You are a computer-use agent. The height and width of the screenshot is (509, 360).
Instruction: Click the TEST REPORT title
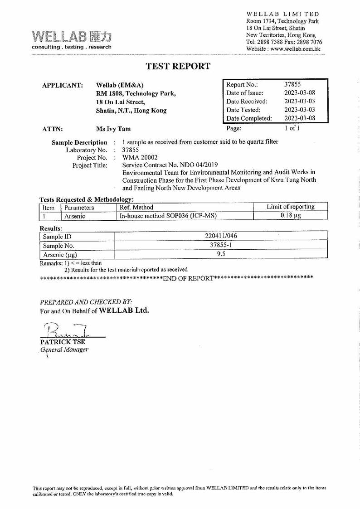click(x=178, y=67)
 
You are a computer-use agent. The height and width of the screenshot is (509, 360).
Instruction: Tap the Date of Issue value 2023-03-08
click(x=299, y=93)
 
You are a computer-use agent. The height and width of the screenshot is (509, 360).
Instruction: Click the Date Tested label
click(x=243, y=110)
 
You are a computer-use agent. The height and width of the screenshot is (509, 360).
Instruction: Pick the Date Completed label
click(x=249, y=118)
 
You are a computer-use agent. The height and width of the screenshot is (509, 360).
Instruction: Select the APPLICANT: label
click(x=62, y=85)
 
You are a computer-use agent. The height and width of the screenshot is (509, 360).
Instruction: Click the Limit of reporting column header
click(x=291, y=207)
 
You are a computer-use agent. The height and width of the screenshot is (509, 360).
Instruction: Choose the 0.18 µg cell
click(x=291, y=216)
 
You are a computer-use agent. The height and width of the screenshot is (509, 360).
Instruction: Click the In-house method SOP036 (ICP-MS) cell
click(x=167, y=216)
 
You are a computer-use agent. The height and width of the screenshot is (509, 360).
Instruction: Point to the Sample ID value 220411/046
click(x=221, y=236)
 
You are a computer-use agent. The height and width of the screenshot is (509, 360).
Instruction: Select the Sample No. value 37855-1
click(x=221, y=245)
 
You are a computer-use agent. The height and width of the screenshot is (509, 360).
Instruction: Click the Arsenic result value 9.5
click(x=221, y=254)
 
